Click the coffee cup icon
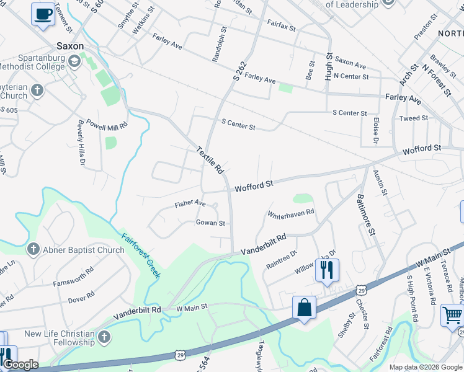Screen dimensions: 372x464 (x=43, y=14)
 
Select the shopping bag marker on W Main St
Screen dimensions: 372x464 (x=305, y=308)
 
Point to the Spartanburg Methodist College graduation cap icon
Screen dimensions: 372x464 (x=74, y=60)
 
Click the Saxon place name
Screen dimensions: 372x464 (x=69, y=46)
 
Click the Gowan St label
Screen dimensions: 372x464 (x=210, y=223)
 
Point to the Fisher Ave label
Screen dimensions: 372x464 (x=190, y=203)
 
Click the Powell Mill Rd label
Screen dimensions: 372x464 (x=107, y=123)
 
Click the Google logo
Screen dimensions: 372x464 (x=20, y=365)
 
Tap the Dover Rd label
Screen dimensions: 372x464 (x=81, y=299)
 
